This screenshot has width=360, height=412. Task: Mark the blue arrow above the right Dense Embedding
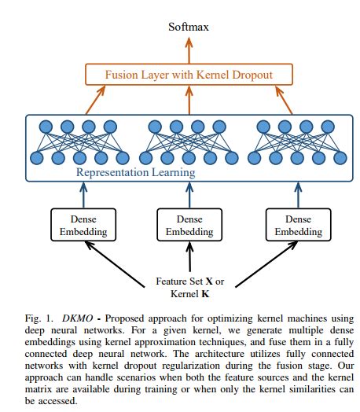click(x=295, y=194)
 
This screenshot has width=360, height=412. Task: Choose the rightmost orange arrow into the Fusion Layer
click(x=287, y=101)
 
